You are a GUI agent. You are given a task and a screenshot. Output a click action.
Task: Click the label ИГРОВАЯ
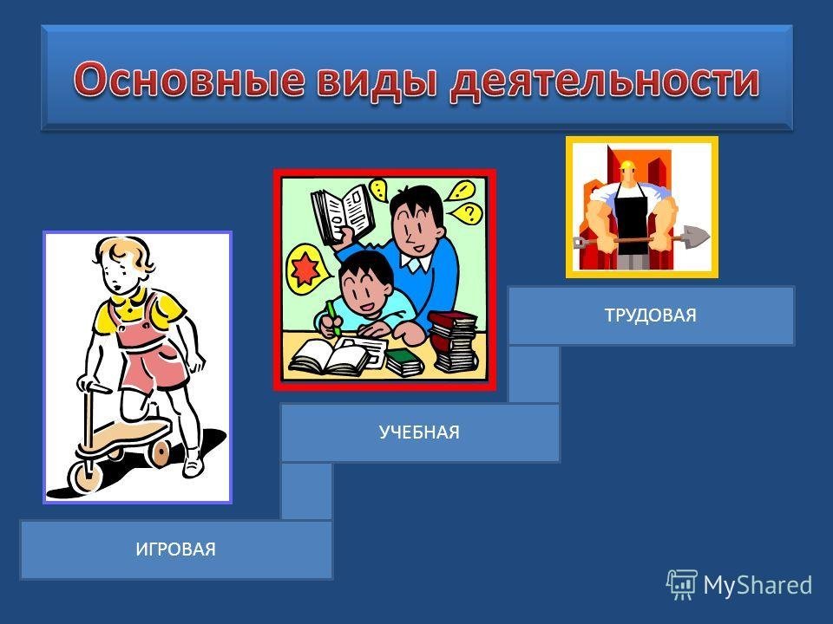click(x=176, y=549)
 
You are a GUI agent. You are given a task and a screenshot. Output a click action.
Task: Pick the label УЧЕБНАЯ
click(x=419, y=432)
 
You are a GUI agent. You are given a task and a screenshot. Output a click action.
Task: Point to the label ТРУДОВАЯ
click(x=651, y=315)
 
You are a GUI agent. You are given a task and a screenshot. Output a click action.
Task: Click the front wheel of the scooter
click(x=85, y=476)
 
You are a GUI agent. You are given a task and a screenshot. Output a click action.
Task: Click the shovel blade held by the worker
click(x=694, y=236)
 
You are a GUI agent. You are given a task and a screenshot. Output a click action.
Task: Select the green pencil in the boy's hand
click(x=333, y=317)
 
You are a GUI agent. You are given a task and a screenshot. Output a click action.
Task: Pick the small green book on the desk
click(x=403, y=362)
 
